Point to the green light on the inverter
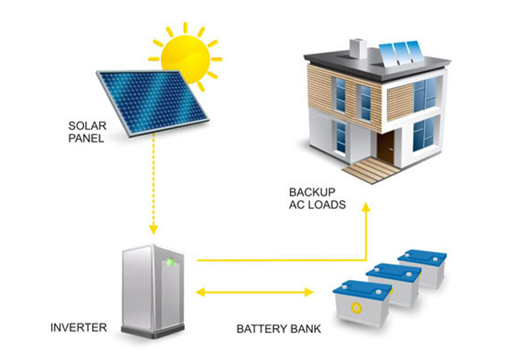pos(169,262)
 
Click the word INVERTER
pos(78,328)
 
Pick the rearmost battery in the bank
pos(423,267)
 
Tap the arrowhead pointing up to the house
pos(366,207)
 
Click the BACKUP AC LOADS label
pos(318,198)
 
